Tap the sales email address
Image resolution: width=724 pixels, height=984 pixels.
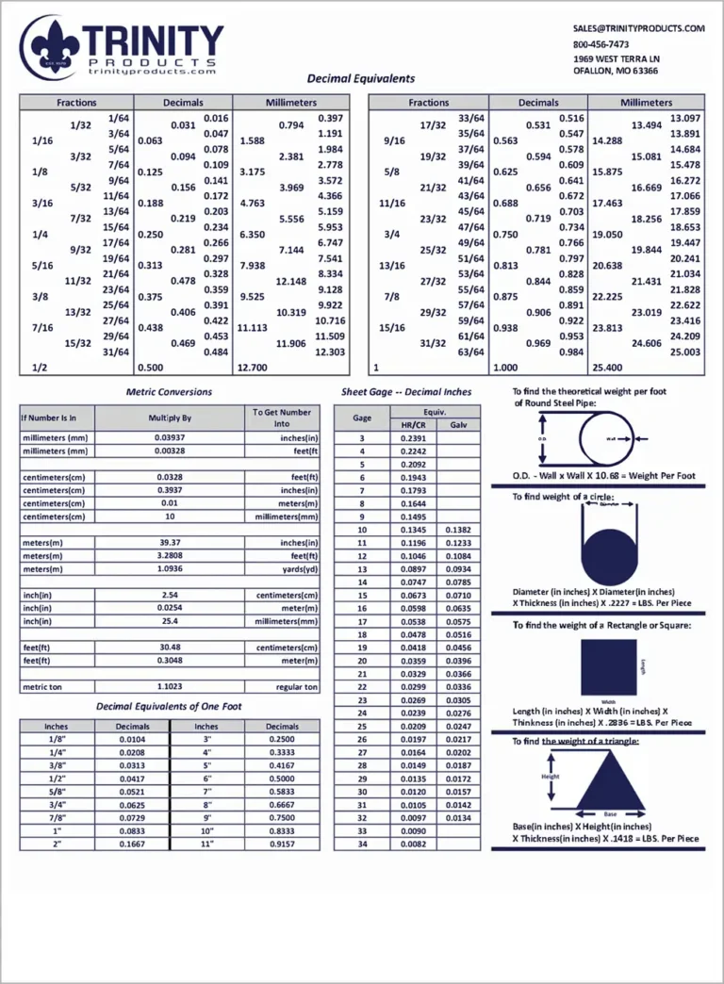[638, 28]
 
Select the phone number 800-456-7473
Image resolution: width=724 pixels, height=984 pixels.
[601, 43]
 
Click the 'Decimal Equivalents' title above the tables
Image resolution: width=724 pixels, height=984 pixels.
[361, 79]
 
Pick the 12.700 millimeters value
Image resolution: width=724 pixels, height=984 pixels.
[253, 368]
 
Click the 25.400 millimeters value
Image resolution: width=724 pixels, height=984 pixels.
[607, 368]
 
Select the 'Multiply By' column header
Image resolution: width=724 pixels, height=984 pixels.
[170, 417]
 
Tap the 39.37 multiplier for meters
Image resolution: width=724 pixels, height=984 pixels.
[170, 543]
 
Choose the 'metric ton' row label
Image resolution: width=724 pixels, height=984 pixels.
[41, 687]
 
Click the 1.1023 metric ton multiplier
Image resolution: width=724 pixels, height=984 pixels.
[170, 687]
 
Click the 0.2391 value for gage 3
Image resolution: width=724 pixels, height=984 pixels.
[413, 438]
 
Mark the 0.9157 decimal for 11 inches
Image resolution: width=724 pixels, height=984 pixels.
[282, 844]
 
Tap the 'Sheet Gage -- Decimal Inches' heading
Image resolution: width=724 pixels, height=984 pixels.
[406, 391]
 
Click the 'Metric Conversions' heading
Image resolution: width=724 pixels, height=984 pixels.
[169, 392]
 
